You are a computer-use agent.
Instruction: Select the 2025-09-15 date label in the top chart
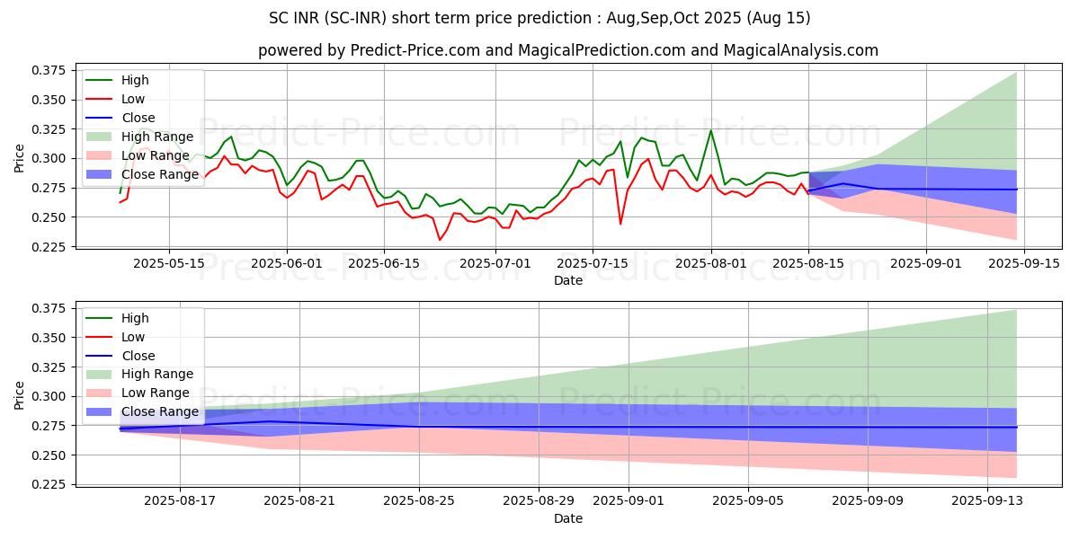coord(1025,263)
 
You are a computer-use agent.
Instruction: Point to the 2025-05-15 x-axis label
coord(170,263)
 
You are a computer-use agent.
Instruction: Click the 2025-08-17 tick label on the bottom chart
coord(180,501)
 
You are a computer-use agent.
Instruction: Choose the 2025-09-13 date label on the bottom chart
coord(987,501)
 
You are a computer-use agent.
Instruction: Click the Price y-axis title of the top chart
coord(20,158)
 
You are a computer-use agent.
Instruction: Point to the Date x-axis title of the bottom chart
coord(567,518)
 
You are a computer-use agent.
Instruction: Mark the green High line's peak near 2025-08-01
coord(710,130)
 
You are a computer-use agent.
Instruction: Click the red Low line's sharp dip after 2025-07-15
coord(620,224)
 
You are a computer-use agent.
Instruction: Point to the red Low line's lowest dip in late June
coord(440,240)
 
